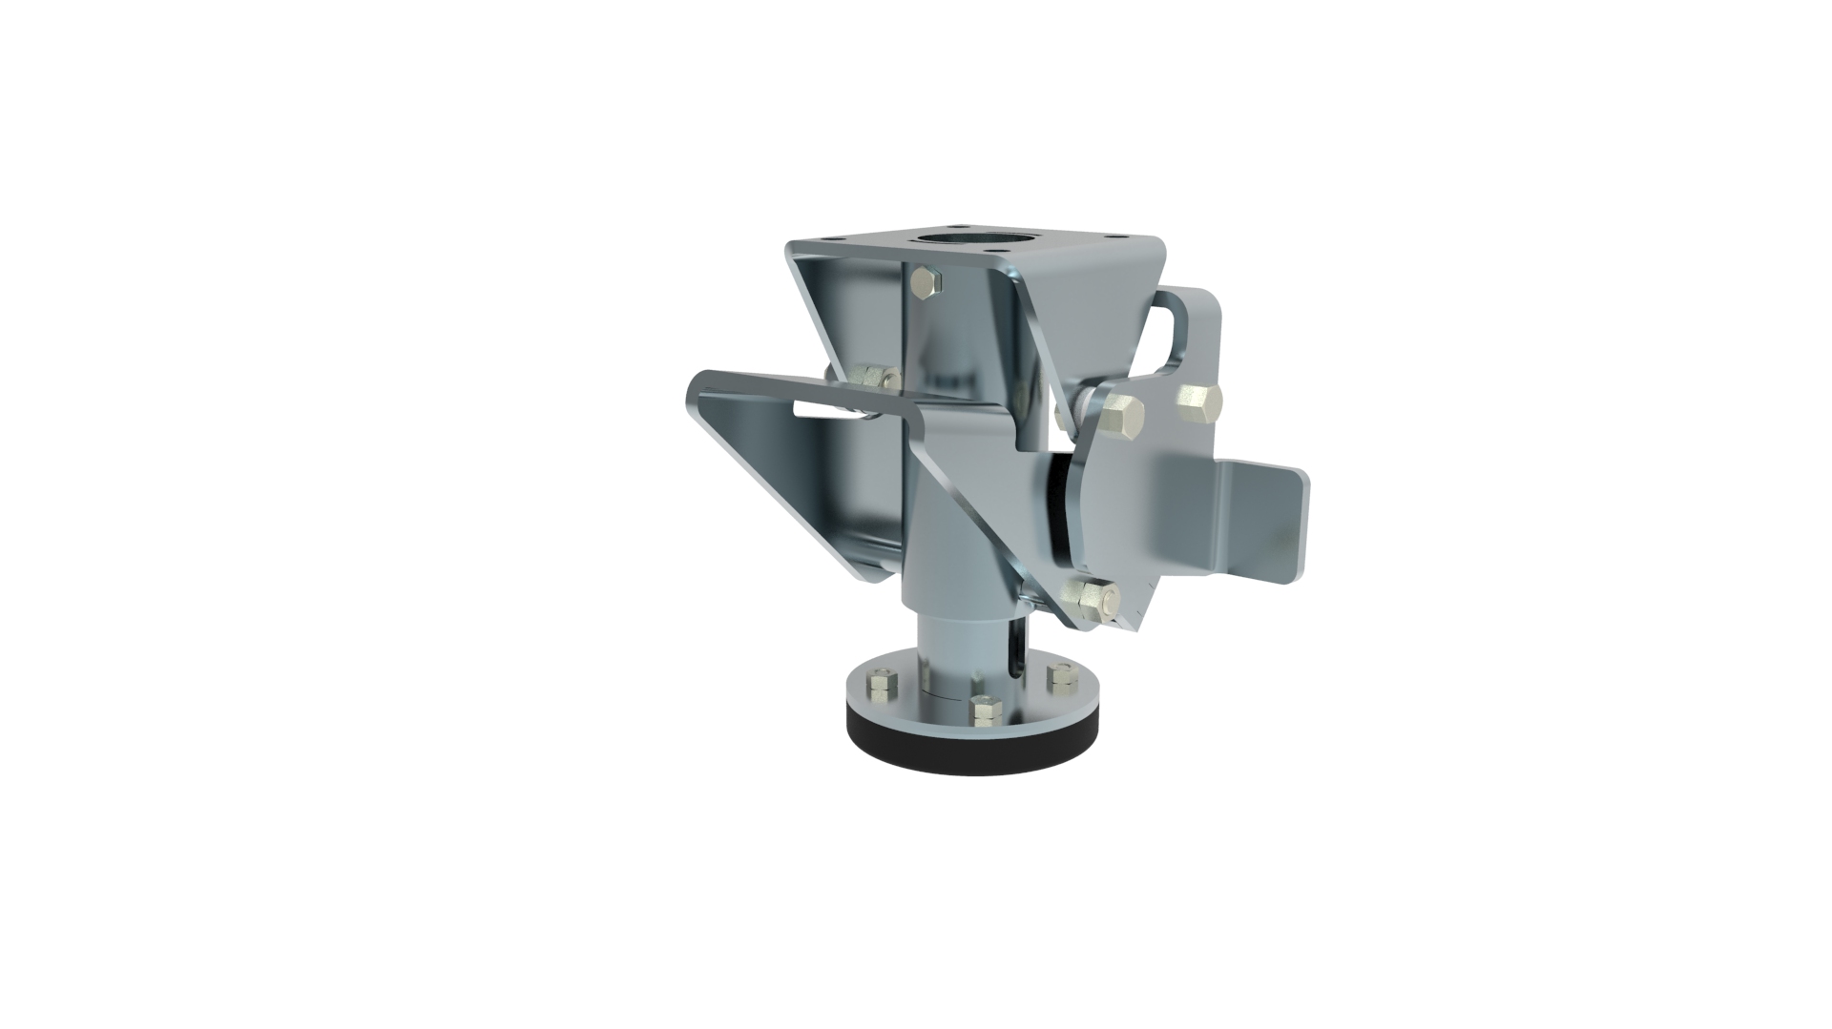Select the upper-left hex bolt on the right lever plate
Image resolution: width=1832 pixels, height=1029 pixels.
coord(1119,417)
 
